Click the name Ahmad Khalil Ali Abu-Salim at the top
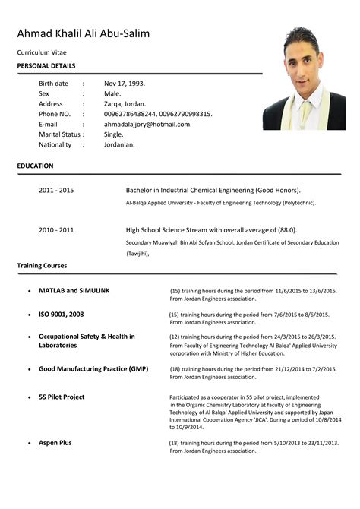coord(83,33)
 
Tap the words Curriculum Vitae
coord(43,52)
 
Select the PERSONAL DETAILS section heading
coord(46,67)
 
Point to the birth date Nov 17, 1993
coord(125,84)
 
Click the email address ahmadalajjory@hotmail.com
coord(147,124)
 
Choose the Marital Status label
coord(59,134)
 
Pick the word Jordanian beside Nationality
coord(119,144)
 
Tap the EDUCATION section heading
coord(35,166)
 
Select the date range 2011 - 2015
coord(56,189)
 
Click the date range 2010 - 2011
coord(56,229)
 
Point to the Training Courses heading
coord(42,266)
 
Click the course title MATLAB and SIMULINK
coord(74,291)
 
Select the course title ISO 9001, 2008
coord(61,314)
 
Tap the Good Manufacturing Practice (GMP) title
coord(93,369)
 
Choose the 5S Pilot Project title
coord(62,397)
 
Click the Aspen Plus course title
coord(55,442)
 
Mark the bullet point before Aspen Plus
coord(28,443)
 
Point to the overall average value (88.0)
coord(284,229)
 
